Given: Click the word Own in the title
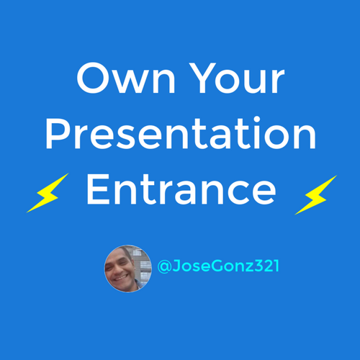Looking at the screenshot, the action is pyautogui.click(x=126, y=78).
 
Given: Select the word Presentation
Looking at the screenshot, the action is pyautogui.click(x=181, y=133).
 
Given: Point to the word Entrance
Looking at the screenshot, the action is pyautogui.click(x=181, y=189).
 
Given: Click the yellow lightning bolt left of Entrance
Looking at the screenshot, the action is pyautogui.click(x=48, y=193).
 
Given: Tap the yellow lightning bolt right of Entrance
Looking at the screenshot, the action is pyautogui.click(x=316, y=195).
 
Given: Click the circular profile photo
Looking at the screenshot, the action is pyautogui.click(x=128, y=269).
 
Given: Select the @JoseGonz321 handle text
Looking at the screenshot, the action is pyautogui.click(x=218, y=266).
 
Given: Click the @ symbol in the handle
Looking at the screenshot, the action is pyautogui.click(x=164, y=266).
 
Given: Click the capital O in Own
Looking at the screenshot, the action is pyautogui.click(x=93, y=78).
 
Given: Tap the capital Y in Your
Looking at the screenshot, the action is pyautogui.click(x=202, y=78).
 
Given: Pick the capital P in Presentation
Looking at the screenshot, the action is pyautogui.click(x=57, y=134).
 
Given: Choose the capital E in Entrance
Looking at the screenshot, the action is pyautogui.click(x=98, y=189).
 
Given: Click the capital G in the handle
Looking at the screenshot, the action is pyautogui.click(x=218, y=266).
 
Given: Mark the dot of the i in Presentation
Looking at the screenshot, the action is pyautogui.click(x=257, y=120).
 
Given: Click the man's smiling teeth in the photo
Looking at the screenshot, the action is pyautogui.click(x=120, y=278).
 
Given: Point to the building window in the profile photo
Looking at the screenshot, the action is pyautogui.click(x=143, y=264).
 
